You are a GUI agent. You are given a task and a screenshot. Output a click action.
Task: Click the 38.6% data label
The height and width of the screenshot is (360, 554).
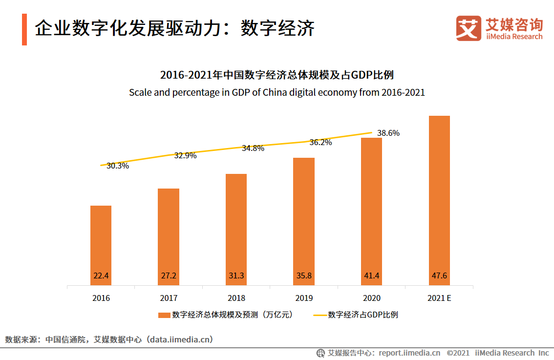388,133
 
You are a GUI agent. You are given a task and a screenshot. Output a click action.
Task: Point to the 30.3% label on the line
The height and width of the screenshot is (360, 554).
118,166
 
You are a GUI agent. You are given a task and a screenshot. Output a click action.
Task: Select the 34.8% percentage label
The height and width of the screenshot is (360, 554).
253,148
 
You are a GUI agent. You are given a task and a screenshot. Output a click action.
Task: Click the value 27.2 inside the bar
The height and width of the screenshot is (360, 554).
169,276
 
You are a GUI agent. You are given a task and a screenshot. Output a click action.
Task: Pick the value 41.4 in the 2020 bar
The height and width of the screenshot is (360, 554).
371,276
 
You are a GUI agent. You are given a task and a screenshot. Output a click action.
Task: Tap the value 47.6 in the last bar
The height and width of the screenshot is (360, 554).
439,276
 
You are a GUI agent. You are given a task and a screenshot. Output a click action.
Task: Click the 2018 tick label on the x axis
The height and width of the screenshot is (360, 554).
236,298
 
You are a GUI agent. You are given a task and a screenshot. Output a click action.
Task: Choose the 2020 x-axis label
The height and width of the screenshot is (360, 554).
372,298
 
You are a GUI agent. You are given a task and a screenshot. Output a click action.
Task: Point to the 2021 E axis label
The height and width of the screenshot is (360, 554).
439,298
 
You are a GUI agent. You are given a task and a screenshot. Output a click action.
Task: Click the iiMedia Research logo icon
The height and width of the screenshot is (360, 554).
468,29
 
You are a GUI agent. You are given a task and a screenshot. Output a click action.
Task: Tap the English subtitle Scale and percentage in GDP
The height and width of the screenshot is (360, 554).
277,92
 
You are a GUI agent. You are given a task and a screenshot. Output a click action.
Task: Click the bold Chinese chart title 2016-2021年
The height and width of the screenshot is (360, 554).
277,75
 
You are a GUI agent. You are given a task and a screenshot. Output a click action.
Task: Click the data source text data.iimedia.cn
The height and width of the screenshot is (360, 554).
178,339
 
